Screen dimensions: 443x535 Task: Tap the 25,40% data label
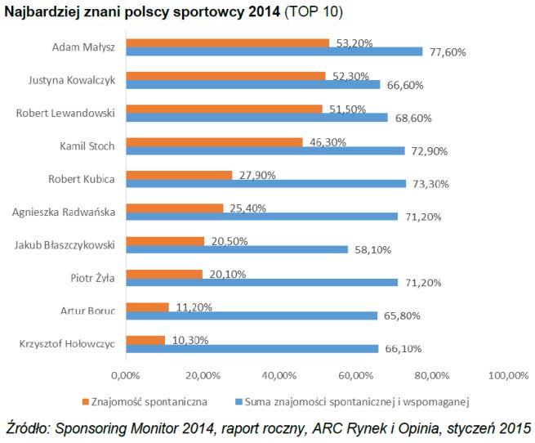coord(248,208)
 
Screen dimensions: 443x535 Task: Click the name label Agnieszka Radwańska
coord(64,213)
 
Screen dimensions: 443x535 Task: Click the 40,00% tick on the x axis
coord(278,375)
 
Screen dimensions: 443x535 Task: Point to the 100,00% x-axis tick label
coord(507,375)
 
